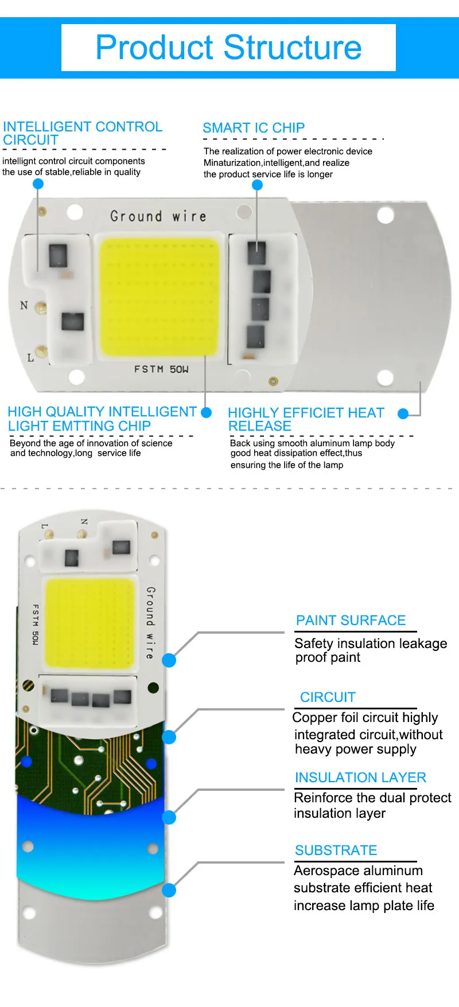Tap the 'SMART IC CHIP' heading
click(x=254, y=128)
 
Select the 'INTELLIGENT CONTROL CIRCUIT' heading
click(x=83, y=133)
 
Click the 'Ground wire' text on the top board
click(x=158, y=216)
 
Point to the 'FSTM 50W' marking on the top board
click(x=161, y=369)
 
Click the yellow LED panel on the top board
click(x=160, y=296)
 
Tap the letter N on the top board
click(x=24, y=305)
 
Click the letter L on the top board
click(x=30, y=358)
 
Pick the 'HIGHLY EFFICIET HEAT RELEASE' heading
click(x=306, y=419)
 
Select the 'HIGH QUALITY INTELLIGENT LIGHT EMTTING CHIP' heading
click(x=102, y=419)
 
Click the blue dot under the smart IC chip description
click(x=257, y=185)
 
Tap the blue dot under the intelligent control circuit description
click(x=38, y=184)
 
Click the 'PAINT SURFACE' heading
click(x=351, y=620)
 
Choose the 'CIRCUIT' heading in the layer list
click(x=328, y=697)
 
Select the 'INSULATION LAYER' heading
click(x=360, y=778)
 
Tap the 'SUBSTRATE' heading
click(x=336, y=850)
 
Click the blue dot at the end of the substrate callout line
click(x=169, y=890)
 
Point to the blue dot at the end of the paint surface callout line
click(x=169, y=660)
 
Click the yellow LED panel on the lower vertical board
click(x=89, y=623)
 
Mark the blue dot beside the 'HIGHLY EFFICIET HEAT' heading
click(x=403, y=413)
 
